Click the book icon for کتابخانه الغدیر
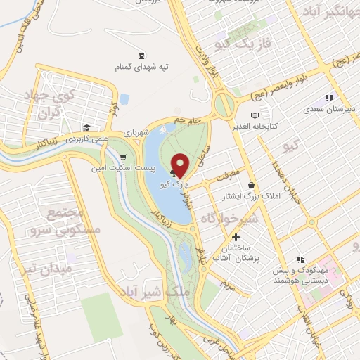point(255,115)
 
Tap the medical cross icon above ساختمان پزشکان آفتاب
point(236,237)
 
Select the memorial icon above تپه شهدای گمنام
point(143,56)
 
